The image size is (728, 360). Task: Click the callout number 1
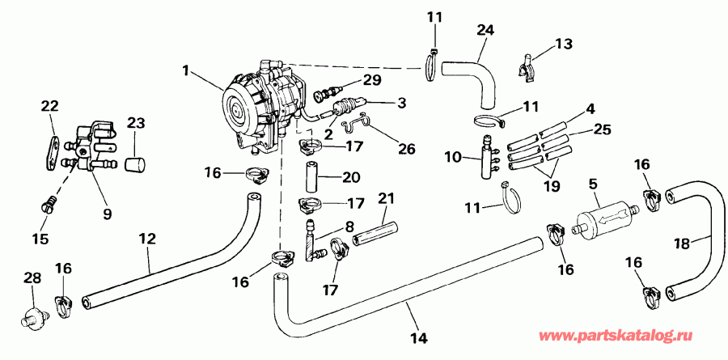[186, 71]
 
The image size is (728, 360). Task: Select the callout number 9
[107, 214]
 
